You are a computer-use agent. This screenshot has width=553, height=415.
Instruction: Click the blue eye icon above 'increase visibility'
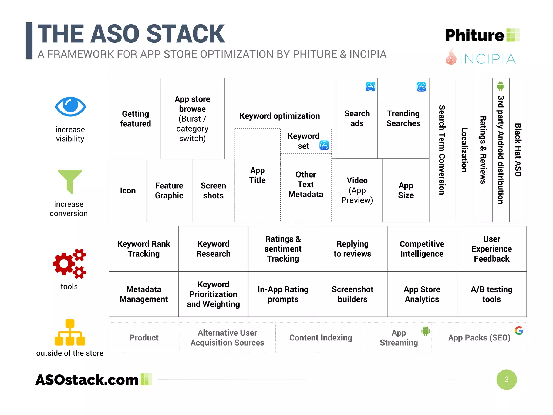70,107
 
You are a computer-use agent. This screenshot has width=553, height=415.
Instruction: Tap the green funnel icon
70,180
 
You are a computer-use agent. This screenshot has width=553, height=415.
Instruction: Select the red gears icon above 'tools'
69,263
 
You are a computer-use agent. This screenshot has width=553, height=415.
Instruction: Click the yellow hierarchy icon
70,333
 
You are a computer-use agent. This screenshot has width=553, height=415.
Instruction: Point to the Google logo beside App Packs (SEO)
519,330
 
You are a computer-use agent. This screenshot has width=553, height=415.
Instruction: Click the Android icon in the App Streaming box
426,331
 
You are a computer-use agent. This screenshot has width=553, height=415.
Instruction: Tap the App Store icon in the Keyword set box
324,145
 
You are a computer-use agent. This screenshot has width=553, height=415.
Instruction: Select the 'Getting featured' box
135,119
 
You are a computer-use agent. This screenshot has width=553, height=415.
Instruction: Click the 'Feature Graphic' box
169,190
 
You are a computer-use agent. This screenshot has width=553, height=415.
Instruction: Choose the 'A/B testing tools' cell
491,294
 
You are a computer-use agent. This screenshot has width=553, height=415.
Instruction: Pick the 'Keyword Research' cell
213,249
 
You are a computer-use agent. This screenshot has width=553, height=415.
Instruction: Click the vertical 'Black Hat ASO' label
518,150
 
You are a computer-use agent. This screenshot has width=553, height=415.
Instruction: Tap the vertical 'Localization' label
464,150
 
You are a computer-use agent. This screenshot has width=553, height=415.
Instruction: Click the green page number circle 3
506,379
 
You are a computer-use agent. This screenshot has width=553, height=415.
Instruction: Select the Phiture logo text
475,35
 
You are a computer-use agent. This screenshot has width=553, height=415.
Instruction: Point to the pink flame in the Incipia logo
451,57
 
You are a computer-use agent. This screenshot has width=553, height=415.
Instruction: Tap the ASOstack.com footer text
87,380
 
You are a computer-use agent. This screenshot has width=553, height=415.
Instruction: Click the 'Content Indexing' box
321,337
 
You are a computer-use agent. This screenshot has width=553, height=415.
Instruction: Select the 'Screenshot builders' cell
352,294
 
